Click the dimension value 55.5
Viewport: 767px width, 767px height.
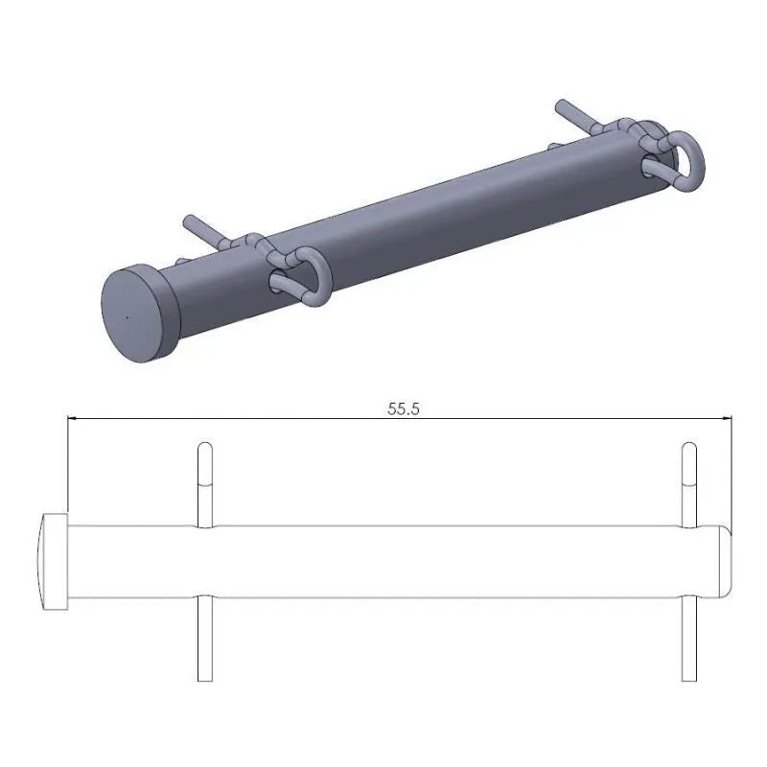pyautogui.click(x=404, y=407)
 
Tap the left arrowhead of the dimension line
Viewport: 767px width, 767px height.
pyautogui.click(x=73, y=418)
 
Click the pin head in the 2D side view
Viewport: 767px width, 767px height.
pyautogui.click(x=54, y=561)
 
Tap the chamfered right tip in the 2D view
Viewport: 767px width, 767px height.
pyautogui.click(x=726, y=561)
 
